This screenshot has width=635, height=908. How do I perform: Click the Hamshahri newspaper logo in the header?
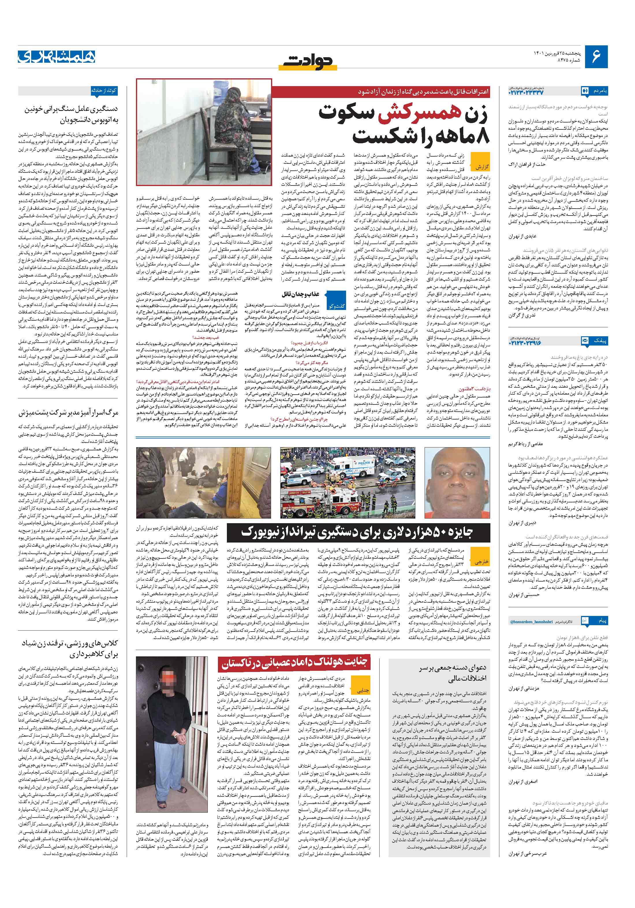[x=57, y=57]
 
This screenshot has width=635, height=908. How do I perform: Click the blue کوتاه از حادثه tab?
[x=104, y=90]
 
